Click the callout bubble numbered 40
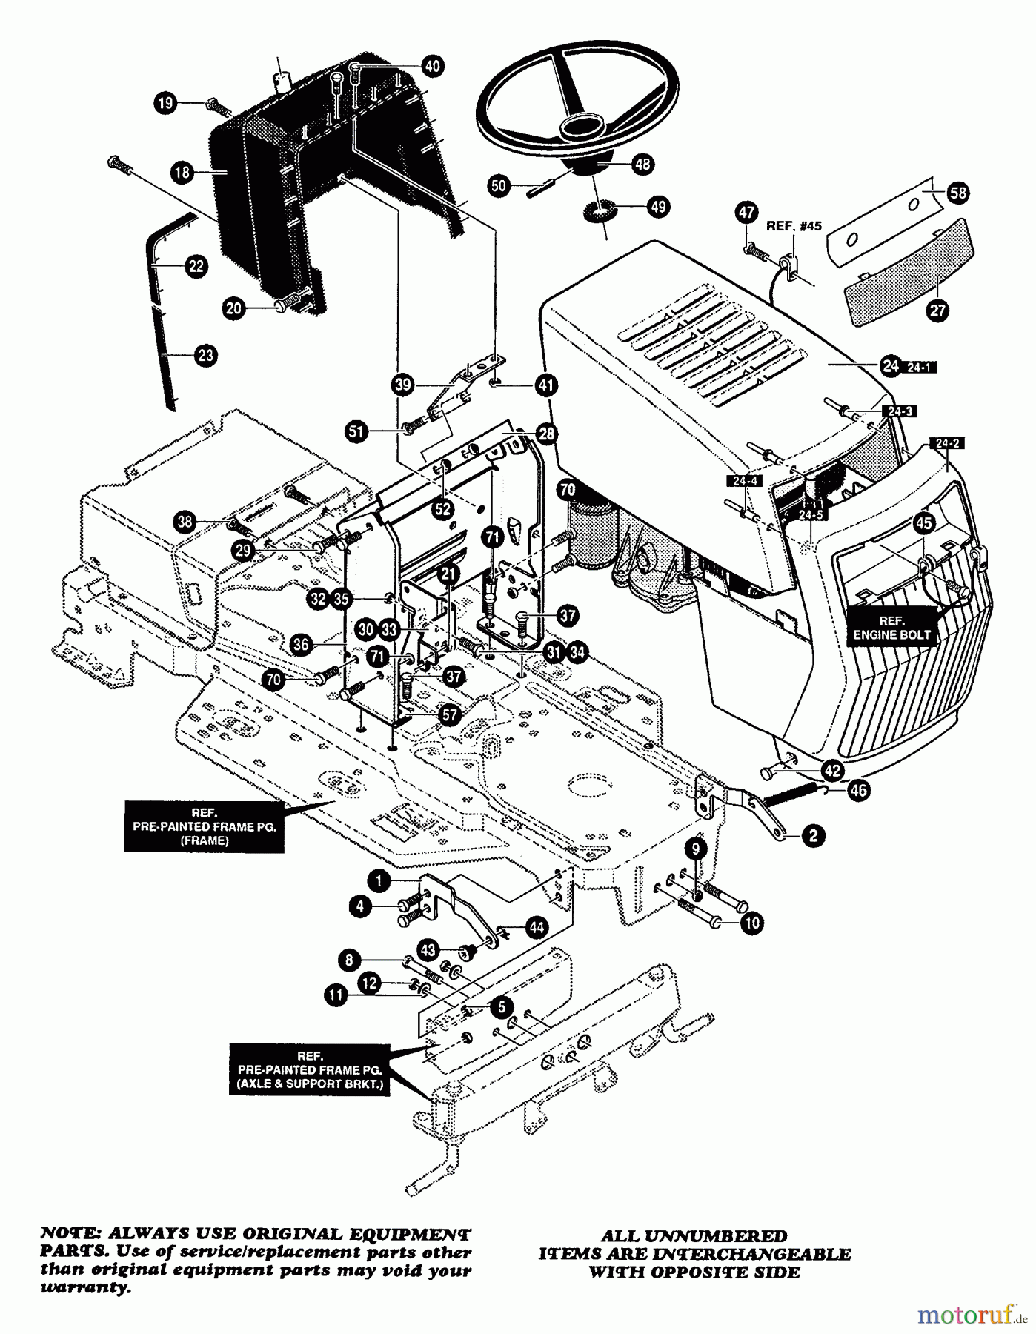[432, 66]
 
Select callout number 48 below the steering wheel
[642, 164]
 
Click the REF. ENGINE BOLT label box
[891, 628]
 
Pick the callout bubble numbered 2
[813, 836]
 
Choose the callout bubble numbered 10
[751, 923]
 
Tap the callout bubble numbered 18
[182, 173]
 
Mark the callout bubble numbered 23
[205, 356]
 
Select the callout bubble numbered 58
[958, 193]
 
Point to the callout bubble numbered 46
[858, 790]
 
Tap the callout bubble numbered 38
[185, 522]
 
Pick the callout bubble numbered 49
[658, 207]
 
